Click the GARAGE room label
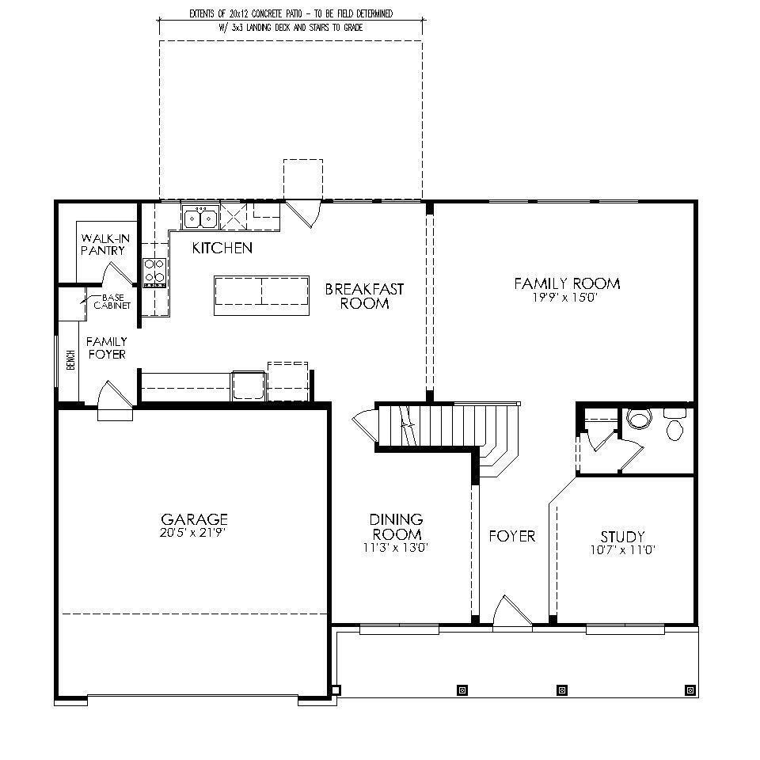[x=194, y=519]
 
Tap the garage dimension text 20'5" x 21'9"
[x=194, y=533]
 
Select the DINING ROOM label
[x=396, y=526]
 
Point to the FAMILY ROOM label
[x=566, y=283]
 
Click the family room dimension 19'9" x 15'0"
[x=566, y=298]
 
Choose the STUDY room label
[x=621, y=537]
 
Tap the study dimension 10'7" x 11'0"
[x=621, y=549]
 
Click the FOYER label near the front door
[x=511, y=537]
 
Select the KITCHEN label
[x=222, y=249]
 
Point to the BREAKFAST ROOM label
[x=364, y=296]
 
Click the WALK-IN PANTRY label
[x=103, y=244]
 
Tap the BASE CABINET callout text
[x=112, y=301]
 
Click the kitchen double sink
[x=199, y=217]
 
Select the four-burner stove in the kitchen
[x=154, y=271]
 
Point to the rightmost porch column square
[x=690, y=690]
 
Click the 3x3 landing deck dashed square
[x=303, y=179]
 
